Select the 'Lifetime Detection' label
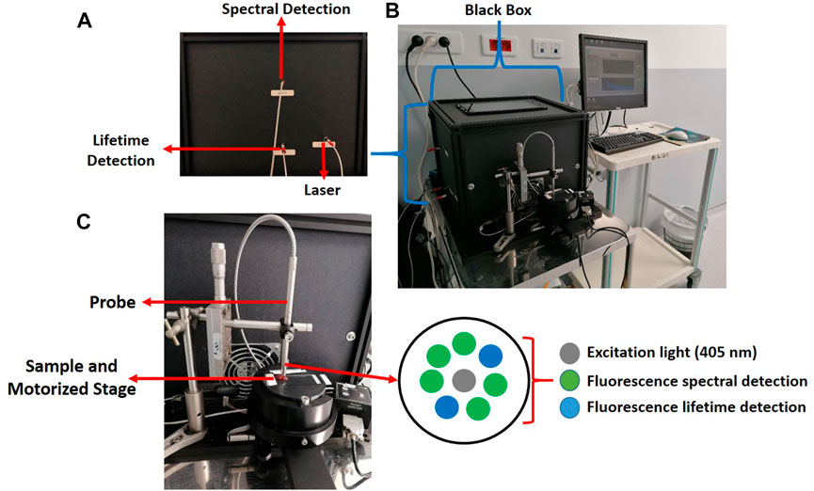click(123, 150)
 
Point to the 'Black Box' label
click(497, 9)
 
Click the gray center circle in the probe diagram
click(462, 382)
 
